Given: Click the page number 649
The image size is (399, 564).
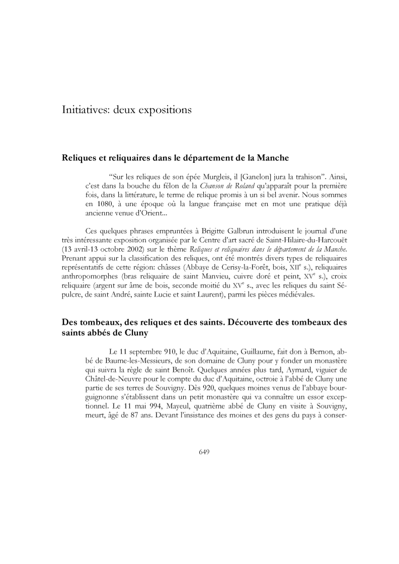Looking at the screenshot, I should tap(204, 451).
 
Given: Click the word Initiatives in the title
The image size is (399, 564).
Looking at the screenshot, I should tap(84, 109).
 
